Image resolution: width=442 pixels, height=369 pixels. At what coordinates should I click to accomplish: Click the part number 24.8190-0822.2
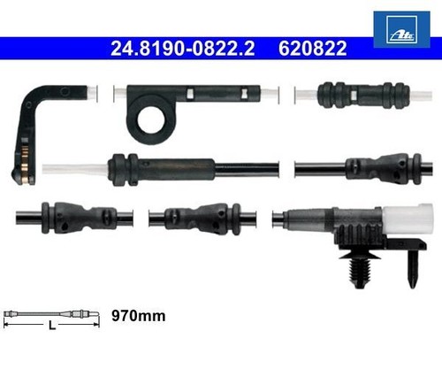click(182, 49)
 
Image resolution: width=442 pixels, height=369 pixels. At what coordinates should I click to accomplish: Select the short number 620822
click(313, 49)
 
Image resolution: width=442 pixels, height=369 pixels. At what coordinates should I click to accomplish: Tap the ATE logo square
click(401, 29)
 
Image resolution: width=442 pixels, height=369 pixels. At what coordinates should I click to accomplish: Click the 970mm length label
click(138, 316)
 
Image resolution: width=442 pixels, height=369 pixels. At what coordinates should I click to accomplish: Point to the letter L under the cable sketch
click(52, 326)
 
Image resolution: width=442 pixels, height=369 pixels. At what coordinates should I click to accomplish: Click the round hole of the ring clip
click(151, 120)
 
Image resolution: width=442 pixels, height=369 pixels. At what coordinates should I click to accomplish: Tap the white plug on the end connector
click(408, 218)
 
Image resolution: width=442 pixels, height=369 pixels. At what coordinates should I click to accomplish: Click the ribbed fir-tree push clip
click(360, 269)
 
